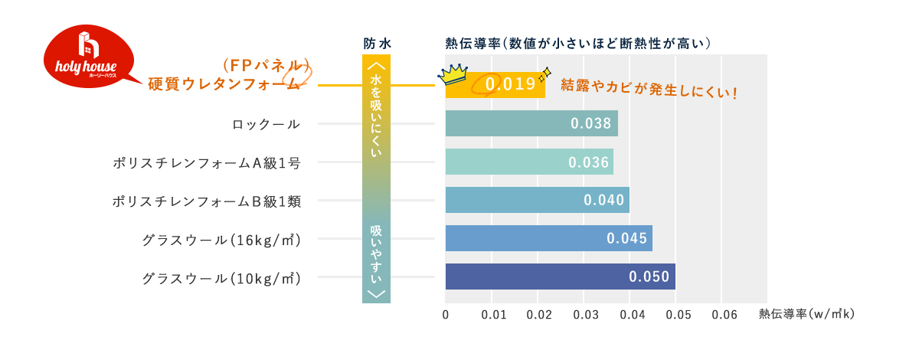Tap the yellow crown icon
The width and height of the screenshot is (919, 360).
pos(453,74)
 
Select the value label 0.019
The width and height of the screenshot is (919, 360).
pos(510,83)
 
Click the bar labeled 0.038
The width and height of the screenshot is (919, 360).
pos(531,123)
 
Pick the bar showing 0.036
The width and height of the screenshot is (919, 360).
pos(529,162)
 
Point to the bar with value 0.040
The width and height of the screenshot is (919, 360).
pos(537,200)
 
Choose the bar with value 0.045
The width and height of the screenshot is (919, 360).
pos(548,238)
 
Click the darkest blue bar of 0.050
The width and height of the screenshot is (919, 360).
pos(560,277)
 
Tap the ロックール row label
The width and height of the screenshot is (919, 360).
pos(266,124)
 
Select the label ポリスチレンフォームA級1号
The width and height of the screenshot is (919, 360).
pos(206,162)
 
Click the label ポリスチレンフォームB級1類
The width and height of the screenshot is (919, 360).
pos(206,201)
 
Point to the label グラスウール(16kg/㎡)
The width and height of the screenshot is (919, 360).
pos(221,239)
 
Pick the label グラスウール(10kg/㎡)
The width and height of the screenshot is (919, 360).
pos(221,277)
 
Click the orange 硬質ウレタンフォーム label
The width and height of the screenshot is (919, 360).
pos(223,84)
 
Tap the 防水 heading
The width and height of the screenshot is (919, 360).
pos(377,44)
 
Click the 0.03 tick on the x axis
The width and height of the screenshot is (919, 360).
pos(585,314)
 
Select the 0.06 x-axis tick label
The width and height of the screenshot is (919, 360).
pos(724,314)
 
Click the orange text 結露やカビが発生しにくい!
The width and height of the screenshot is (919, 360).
pos(649,87)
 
